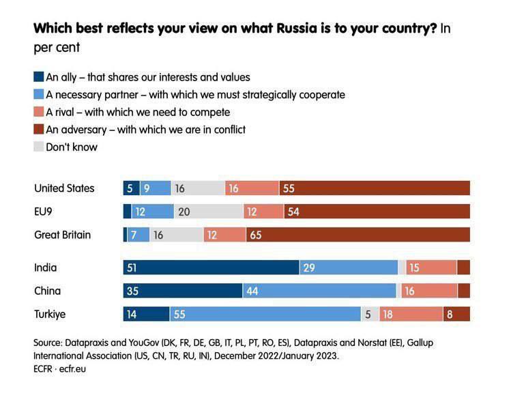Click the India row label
[46, 267]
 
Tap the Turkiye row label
[50, 314]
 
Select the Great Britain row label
[63, 235]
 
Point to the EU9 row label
[44, 212]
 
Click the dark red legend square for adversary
[38, 129]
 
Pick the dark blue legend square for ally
[38, 76]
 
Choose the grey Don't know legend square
[38, 147]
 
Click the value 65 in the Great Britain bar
[256, 235]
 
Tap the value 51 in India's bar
[131, 267]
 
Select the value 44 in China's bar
[252, 291]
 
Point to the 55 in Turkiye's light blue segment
[180, 314]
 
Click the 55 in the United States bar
[289, 188]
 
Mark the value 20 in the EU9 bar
[184, 212]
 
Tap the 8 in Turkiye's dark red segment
[450, 314]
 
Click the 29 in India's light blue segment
[308, 267]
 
